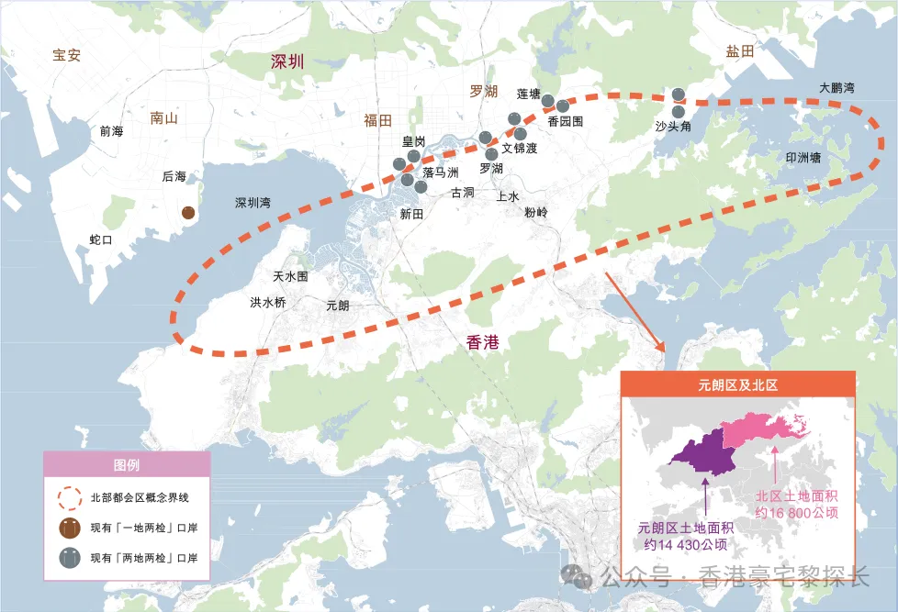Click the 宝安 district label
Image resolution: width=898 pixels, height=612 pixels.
tap(67, 55)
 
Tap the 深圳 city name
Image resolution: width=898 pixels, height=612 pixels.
tap(286, 62)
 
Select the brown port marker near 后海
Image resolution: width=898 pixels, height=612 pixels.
tap(188, 213)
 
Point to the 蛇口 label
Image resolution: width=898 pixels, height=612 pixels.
tap(101, 239)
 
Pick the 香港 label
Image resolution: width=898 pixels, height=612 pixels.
tap(483, 342)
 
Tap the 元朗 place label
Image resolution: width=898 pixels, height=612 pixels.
tap(338, 306)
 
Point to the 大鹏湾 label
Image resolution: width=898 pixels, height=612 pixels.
tap(836, 88)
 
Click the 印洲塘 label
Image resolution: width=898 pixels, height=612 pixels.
tap(803, 158)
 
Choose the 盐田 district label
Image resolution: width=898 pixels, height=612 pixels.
tap(739, 52)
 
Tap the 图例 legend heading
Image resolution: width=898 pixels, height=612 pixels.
tap(127, 465)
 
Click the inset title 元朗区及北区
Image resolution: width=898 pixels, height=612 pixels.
tap(738, 385)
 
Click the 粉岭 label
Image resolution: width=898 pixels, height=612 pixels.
tap(536, 212)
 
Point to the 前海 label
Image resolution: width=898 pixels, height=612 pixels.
tap(111, 131)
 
